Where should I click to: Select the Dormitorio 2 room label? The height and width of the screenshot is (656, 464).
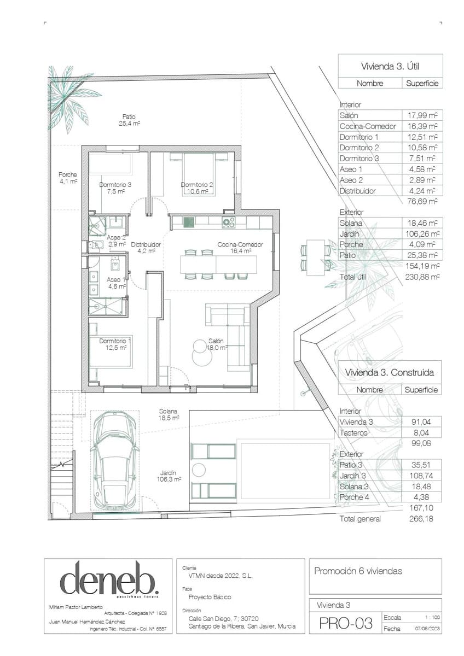[x=197, y=188]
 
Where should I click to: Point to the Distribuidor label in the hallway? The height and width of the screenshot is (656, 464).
[x=146, y=248]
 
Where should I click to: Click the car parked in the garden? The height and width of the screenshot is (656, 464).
[x=115, y=459]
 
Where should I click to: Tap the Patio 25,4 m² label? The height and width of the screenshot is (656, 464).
[x=129, y=120]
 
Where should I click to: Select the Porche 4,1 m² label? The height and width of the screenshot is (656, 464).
[x=68, y=178]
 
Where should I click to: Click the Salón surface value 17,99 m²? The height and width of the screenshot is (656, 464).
[x=422, y=115]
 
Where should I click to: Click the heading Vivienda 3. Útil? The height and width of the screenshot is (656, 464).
[x=390, y=66]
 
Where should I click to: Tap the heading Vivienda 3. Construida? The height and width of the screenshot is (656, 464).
[x=390, y=373]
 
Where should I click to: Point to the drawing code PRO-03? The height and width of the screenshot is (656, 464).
[x=345, y=623]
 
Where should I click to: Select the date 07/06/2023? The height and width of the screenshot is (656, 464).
[x=427, y=629]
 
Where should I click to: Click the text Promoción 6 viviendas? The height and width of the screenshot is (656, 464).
[x=358, y=571]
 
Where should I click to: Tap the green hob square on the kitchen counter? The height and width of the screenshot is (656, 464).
[x=189, y=222]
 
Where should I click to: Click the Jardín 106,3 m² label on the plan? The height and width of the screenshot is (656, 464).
[x=168, y=476]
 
